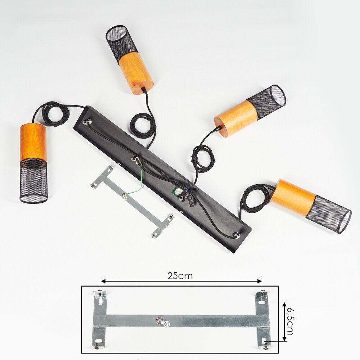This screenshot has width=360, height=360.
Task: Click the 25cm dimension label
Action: click(180, 276)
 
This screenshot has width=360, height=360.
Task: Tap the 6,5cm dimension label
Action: click(290, 321)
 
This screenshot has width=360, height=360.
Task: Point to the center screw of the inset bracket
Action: click(159, 320)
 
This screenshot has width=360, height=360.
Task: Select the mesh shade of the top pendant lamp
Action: click(122, 42)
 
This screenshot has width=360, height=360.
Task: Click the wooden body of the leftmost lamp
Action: click(33, 142)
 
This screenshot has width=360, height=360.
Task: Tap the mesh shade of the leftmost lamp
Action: click(34, 181)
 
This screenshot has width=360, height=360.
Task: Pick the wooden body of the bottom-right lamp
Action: click(293, 197)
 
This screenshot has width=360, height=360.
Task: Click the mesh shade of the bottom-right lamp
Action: click(329, 214)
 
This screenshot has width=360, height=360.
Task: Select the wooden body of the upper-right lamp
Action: click(236, 118)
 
